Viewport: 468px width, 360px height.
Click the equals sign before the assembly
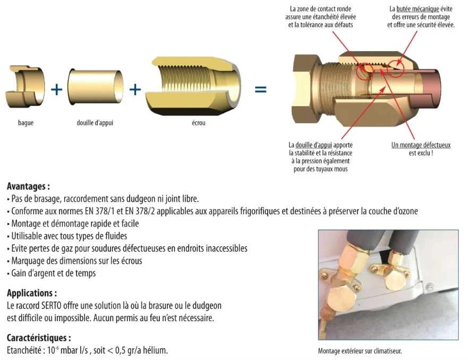pos(260,89)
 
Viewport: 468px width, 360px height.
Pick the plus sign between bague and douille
pos(56,89)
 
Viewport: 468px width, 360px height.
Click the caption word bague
pos(25,123)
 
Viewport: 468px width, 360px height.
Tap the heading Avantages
pos(28,187)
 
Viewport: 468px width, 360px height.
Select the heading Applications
pos(32,293)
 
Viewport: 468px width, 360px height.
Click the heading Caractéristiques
pos(39,338)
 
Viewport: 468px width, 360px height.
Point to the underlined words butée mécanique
pos(418,9)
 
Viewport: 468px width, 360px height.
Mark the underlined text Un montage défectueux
pos(421,145)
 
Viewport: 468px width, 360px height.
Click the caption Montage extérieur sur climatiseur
pos(360,351)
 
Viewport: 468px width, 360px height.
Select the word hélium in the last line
pos(156,350)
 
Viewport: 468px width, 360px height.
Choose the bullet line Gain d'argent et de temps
pos(53,273)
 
